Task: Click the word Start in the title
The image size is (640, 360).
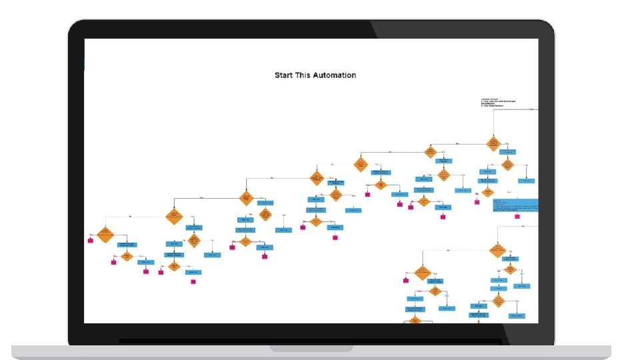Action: (285, 75)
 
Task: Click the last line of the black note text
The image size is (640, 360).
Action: (493, 106)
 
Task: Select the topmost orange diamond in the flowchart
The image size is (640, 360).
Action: (494, 142)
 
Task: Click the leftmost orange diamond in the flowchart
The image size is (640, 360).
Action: (105, 234)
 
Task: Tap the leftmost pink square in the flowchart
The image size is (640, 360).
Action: (91, 240)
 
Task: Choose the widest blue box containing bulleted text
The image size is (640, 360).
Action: (515, 206)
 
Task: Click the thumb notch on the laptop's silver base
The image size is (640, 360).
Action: (311, 348)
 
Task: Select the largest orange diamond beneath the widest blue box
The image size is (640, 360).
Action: (496, 251)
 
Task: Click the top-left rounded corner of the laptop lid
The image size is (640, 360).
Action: (74, 26)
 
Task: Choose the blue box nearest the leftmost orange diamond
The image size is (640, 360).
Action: (127, 245)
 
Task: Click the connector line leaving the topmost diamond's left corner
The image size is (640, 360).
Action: (460, 143)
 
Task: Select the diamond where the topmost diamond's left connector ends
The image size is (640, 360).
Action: (430, 152)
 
